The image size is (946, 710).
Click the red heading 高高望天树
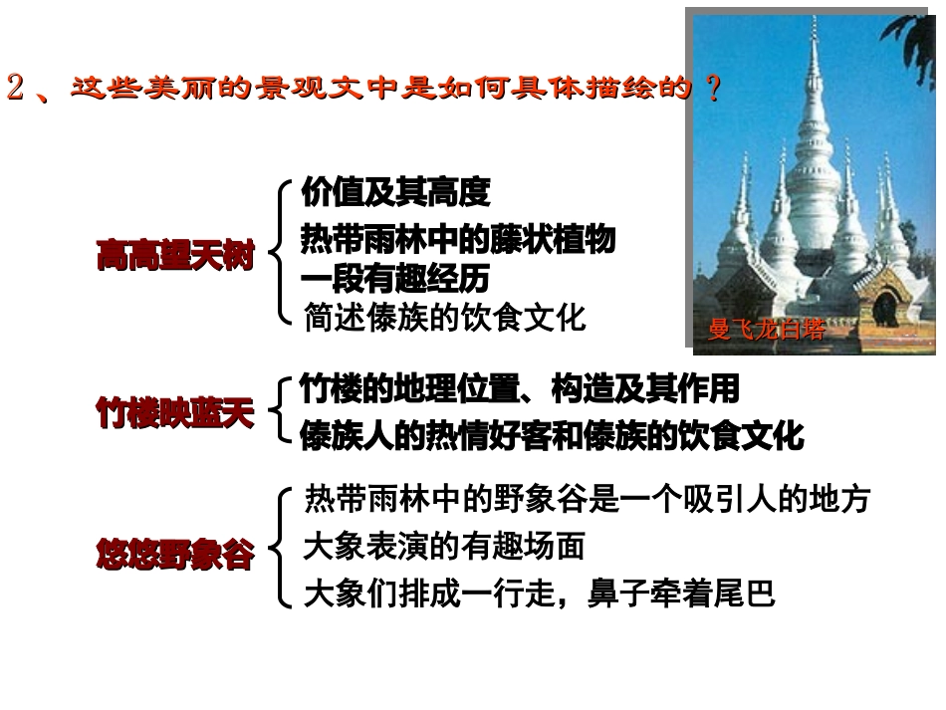click(175, 257)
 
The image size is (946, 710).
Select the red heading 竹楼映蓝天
click(175, 413)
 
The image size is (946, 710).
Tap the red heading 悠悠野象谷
click(175, 554)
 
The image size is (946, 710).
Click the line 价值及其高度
click(395, 192)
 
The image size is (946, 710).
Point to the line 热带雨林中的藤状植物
click(458, 240)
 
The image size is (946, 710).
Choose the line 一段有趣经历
click(395, 277)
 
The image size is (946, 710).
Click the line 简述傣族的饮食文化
click(445, 318)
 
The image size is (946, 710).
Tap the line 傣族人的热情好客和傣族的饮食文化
click(552, 435)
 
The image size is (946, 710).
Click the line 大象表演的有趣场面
click(444, 546)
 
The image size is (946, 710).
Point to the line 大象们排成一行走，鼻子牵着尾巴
click(539, 594)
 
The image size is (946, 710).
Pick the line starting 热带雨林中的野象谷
click(588, 499)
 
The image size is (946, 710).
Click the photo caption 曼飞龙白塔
click(766, 330)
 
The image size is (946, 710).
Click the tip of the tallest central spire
click(814, 22)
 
